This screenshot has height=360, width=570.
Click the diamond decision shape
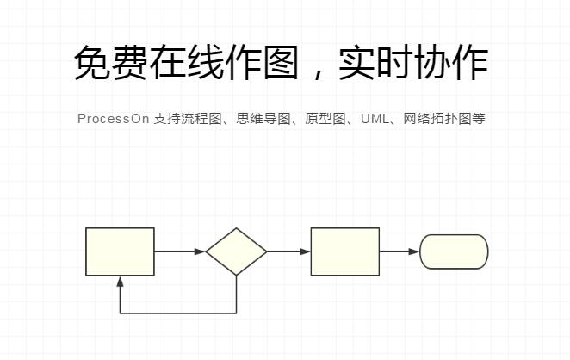point(236,251)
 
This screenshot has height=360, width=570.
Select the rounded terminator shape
point(454,251)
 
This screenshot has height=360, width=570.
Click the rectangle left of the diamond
point(120,251)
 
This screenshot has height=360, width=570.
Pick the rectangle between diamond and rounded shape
point(345,251)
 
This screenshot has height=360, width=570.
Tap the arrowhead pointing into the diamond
point(200,251)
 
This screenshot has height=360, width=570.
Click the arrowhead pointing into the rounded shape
point(414,251)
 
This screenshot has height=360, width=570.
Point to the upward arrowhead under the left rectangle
point(120,282)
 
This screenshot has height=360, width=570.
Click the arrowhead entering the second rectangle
point(305,251)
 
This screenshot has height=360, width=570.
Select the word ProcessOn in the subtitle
point(113,119)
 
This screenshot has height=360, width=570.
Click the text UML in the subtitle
point(375,119)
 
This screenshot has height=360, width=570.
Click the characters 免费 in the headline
point(110,62)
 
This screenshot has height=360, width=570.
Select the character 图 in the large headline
point(281,62)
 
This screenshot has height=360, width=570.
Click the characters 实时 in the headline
point(375,62)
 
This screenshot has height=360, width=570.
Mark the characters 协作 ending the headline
point(451,62)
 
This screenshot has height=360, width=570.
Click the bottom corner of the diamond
point(236,276)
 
